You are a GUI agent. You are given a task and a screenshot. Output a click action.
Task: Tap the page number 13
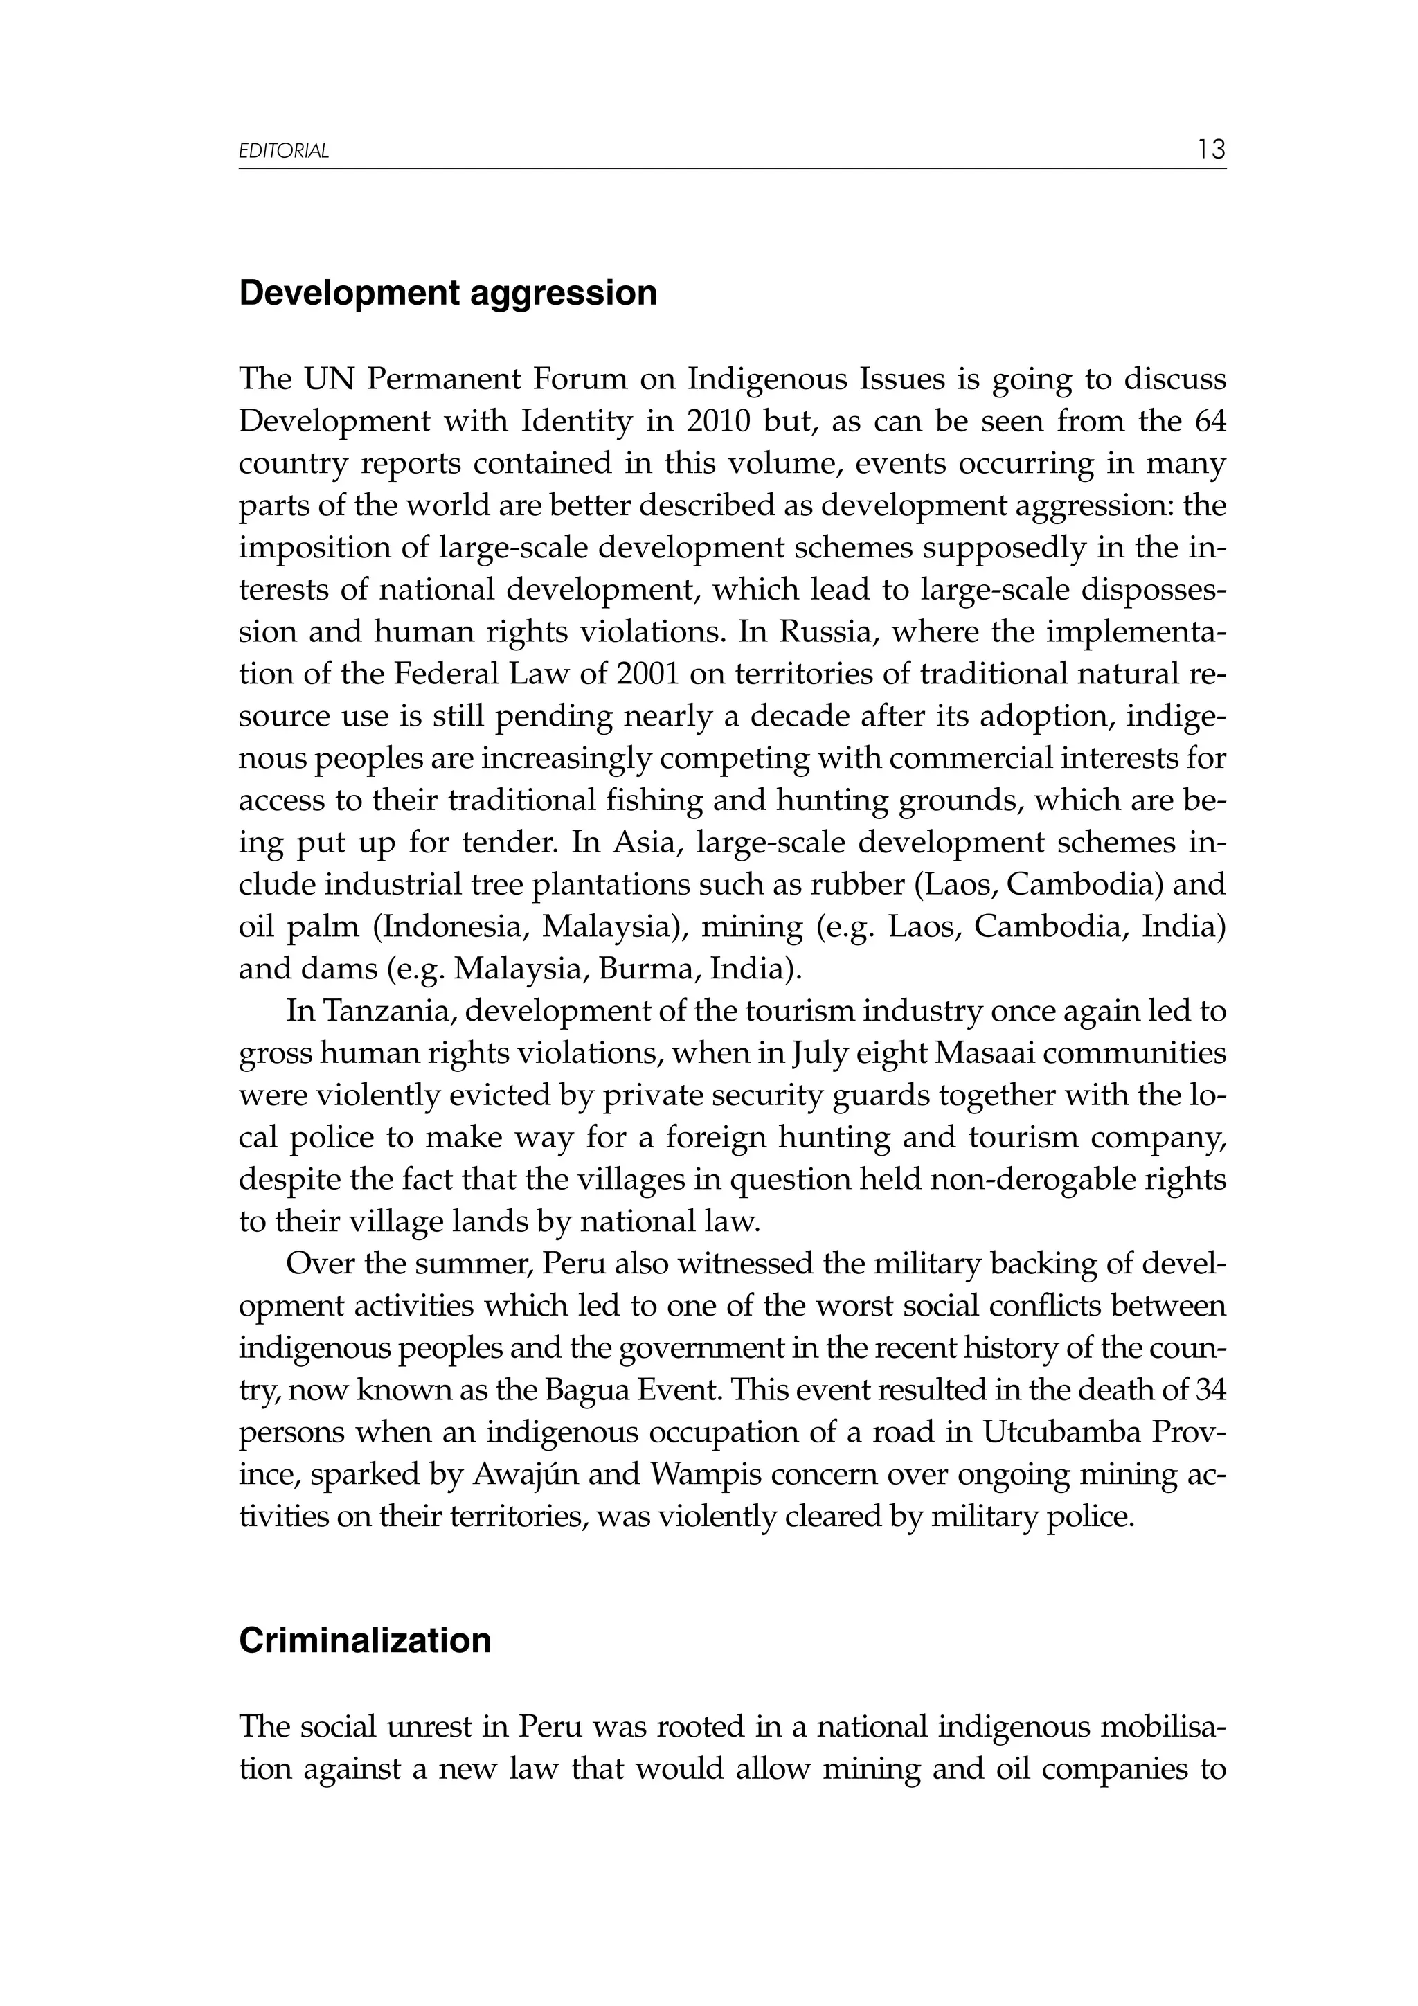1211,150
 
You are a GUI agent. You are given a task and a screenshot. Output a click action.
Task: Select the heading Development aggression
447,293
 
